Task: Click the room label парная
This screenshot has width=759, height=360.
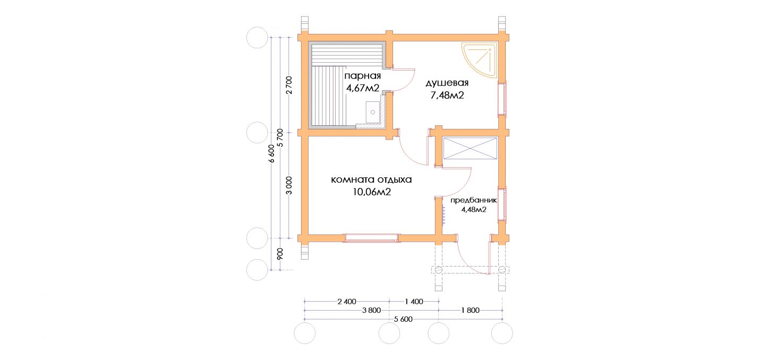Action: (362, 76)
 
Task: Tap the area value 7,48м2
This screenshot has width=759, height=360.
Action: (447, 96)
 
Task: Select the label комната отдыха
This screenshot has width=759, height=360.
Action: (371, 179)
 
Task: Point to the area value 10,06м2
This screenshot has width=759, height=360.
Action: (372, 192)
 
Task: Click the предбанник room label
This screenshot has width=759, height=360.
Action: (473, 200)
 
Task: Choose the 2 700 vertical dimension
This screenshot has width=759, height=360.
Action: (289, 85)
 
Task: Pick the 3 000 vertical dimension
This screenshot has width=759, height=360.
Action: (289, 186)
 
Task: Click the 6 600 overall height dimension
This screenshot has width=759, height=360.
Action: (271, 153)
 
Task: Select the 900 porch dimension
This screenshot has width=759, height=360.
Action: (280, 254)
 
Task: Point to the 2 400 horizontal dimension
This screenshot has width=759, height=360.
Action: (347, 302)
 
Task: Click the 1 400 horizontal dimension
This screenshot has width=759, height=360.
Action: (414, 302)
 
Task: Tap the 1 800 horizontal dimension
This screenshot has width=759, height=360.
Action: (470, 310)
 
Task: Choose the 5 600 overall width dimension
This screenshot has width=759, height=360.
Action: (403, 319)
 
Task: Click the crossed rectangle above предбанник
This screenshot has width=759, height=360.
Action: (470, 148)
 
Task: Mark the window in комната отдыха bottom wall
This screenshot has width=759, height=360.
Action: (372, 238)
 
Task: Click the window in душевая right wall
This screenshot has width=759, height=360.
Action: (502, 98)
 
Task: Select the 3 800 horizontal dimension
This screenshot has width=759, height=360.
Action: (371, 310)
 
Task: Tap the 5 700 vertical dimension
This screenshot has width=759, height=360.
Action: (280, 137)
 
